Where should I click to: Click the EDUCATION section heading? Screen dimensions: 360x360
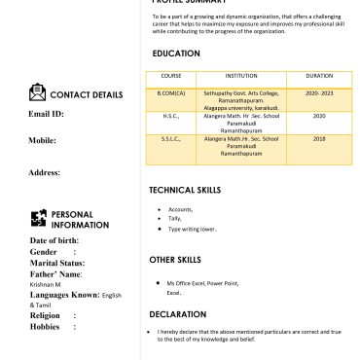pos(176,54)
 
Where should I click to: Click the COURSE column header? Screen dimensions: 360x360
pos(171,75)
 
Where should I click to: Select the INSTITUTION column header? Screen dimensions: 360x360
pos(240,75)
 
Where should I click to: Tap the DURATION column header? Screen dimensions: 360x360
pos(319,75)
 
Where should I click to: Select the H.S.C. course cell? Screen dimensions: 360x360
pos(171,116)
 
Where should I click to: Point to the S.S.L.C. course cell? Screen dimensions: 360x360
pos(171,138)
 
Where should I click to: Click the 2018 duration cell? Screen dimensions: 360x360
pos(319,138)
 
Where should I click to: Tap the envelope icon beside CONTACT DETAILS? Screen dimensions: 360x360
pos(37,93)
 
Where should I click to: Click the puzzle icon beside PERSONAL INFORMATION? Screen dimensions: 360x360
pos(39,218)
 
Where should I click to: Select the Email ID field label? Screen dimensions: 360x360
pos(46,114)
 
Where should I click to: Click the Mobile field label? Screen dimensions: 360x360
pos(42,141)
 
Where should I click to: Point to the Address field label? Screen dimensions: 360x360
pos(45,172)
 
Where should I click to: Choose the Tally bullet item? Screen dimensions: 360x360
pos(175,219)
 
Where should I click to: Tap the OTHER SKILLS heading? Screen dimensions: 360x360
pos(175,260)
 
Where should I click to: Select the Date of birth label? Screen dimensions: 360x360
pos(54,239)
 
